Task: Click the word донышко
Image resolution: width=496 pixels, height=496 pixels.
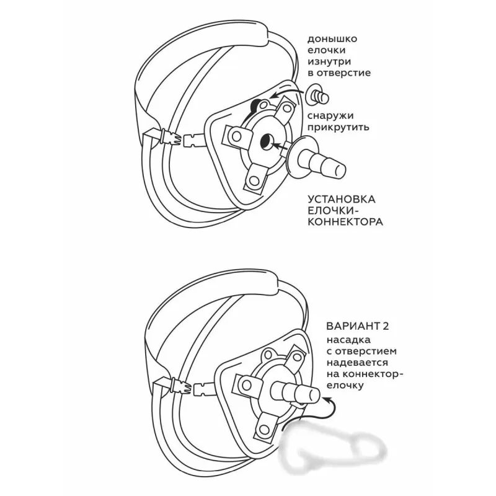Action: [332, 40]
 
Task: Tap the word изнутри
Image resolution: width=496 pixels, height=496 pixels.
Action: [329, 61]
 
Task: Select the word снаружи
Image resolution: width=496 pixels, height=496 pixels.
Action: [330, 116]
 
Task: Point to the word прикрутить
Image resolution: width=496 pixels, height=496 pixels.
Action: [338, 127]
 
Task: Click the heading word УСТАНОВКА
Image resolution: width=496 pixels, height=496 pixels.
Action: [342, 199]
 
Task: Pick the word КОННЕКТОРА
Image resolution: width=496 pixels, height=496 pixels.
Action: [345, 222]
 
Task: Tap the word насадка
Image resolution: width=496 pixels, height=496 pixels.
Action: [348, 340]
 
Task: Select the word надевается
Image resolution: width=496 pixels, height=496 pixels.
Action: [358, 363]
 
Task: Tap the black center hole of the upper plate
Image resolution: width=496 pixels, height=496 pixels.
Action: [265, 142]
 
